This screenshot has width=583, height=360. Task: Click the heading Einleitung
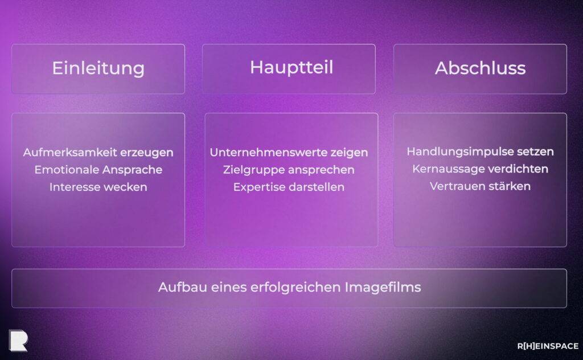coord(98,68)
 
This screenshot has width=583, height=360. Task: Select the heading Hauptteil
coord(291,67)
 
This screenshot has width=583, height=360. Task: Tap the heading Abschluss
coord(480,68)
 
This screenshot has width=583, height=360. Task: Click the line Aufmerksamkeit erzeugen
coord(98,153)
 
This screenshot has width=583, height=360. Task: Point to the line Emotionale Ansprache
coord(98,170)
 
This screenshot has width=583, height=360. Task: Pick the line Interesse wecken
coord(98,187)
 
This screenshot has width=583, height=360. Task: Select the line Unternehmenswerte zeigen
coord(289,153)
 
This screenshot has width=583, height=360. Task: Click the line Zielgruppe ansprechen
coord(289,170)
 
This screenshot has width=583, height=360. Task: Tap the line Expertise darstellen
coord(289,187)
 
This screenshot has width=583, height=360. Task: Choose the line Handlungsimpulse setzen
coord(480,152)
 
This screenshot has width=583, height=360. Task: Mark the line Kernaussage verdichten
coord(480,169)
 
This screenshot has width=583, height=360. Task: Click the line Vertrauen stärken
coord(480,186)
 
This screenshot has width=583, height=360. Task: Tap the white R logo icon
coord(18,340)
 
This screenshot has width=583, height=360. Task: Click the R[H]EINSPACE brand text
coord(547,346)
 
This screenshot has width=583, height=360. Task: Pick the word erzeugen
coord(150,153)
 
